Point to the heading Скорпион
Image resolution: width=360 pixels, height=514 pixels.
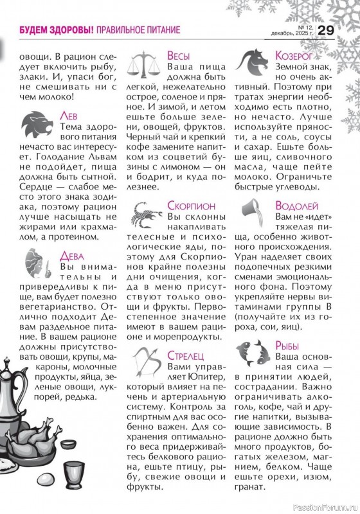coord(195,208)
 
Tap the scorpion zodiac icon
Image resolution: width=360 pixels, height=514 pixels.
coord(147,215)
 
